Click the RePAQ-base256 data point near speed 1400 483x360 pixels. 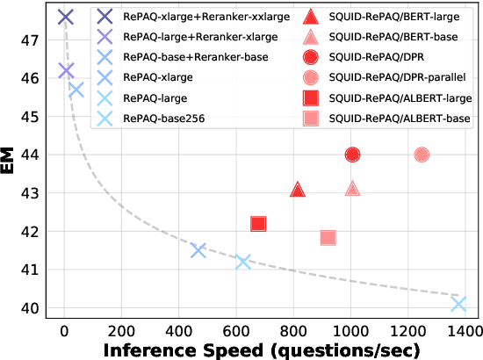coord(458,304)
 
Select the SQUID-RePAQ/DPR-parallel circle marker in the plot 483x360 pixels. coord(422,155)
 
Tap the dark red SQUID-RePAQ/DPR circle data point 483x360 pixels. coord(353,155)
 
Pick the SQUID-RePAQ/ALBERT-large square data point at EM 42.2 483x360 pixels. coord(258,224)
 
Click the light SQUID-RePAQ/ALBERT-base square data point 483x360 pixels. coord(328,238)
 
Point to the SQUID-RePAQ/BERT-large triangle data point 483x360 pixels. coord(298,190)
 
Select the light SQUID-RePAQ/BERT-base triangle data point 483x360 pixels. coord(353,189)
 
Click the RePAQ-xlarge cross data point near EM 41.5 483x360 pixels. coord(198,250)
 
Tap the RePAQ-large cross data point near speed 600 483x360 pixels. coord(243,262)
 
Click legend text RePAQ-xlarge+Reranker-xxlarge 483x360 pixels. coord(200,16)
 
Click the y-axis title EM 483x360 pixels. coord(12,164)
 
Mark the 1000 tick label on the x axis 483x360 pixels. coord(350,331)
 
